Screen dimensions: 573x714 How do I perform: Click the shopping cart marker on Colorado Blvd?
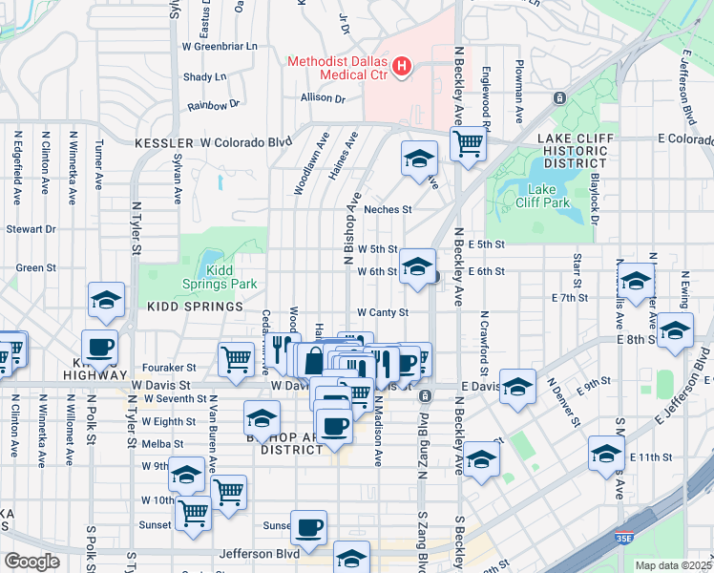pos(468,143)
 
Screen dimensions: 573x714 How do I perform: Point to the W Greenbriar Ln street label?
pos(220,46)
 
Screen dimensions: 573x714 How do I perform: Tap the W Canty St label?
pos(383,312)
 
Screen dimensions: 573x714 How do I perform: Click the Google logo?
pos(31,562)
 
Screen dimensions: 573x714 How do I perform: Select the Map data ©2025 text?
pos(673,565)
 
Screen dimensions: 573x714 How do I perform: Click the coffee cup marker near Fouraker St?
pos(99,347)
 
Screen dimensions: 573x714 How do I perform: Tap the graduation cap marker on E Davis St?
pos(517,386)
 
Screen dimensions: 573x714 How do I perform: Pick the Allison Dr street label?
pos(323,97)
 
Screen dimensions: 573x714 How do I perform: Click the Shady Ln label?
pos(204,76)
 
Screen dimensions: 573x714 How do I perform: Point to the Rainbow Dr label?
pos(213,105)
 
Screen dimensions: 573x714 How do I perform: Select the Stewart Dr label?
pos(31,229)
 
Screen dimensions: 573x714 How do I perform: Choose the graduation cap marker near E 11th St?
pos(606,453)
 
